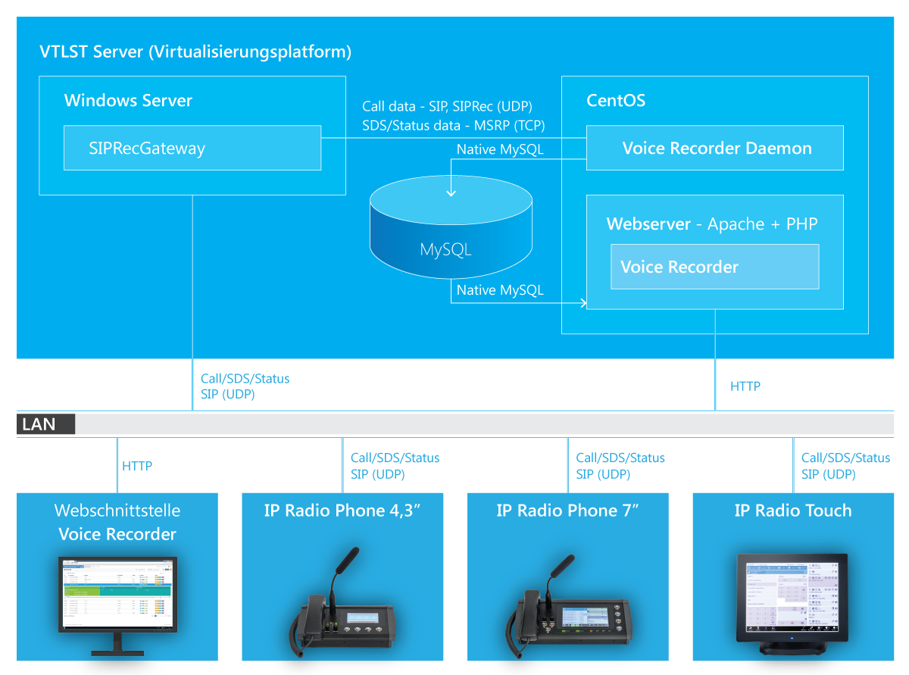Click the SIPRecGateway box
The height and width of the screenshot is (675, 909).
192,148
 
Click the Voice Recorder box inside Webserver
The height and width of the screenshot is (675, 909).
714,267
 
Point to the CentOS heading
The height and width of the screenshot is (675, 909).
616,101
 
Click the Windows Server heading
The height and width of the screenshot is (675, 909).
128,101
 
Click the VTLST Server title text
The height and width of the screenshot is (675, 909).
195,52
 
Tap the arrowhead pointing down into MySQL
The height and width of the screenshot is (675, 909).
451,192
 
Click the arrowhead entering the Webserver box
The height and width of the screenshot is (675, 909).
583,304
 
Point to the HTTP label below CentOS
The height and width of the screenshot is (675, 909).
745,386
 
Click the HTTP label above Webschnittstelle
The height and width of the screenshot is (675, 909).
137,466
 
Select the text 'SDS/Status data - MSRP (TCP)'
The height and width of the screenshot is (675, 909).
453,125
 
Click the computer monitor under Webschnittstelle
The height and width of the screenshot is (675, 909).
117,598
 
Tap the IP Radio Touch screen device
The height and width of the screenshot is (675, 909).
792,598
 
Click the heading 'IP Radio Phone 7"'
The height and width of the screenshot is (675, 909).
567,511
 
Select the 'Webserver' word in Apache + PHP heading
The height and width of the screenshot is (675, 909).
648,224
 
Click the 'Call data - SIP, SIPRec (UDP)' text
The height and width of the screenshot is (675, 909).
447,107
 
